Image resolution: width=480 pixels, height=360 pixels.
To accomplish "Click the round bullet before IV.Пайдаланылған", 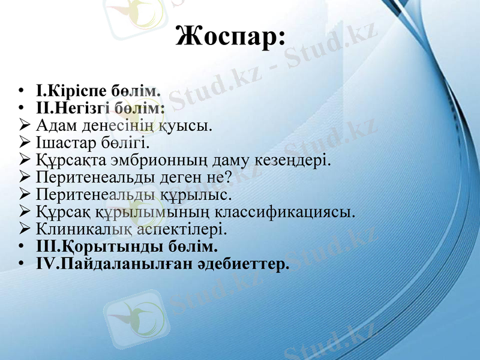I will (x=21, y=263).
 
